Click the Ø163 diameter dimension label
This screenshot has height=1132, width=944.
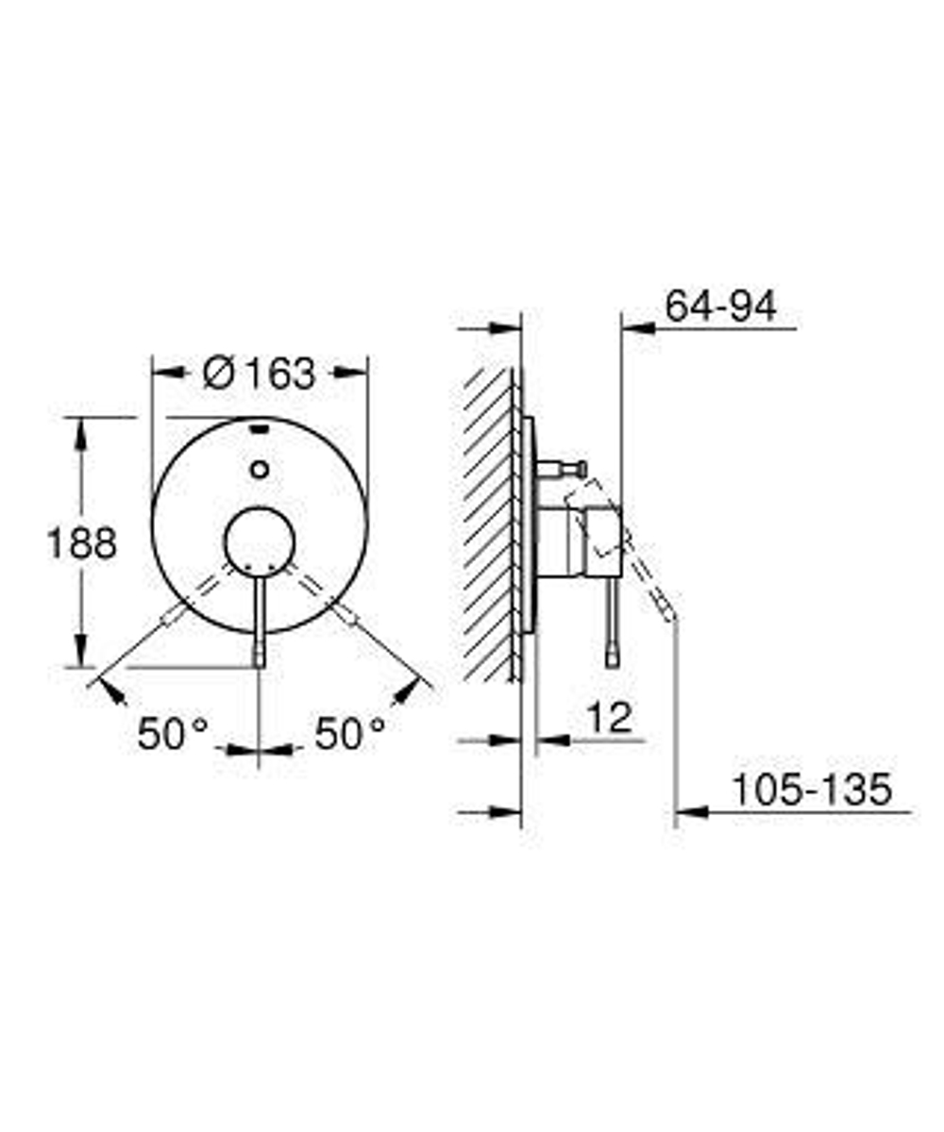tap(260, 373)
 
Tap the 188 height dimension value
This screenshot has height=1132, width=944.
tap(82, 543)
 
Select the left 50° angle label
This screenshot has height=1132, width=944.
tap(172, 733)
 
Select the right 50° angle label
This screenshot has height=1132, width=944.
tap(350, 733)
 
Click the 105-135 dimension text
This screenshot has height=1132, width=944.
tap(812, 790)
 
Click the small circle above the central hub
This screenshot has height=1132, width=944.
tap(260, 469)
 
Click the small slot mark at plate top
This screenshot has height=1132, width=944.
tap(260, 430)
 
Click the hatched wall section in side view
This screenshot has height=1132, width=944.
tap(489, 524)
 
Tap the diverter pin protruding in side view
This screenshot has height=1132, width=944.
tap(563, 467)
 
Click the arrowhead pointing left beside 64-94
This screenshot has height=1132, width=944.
tap(636, 329)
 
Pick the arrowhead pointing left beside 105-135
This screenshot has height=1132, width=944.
tap(692, 811)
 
